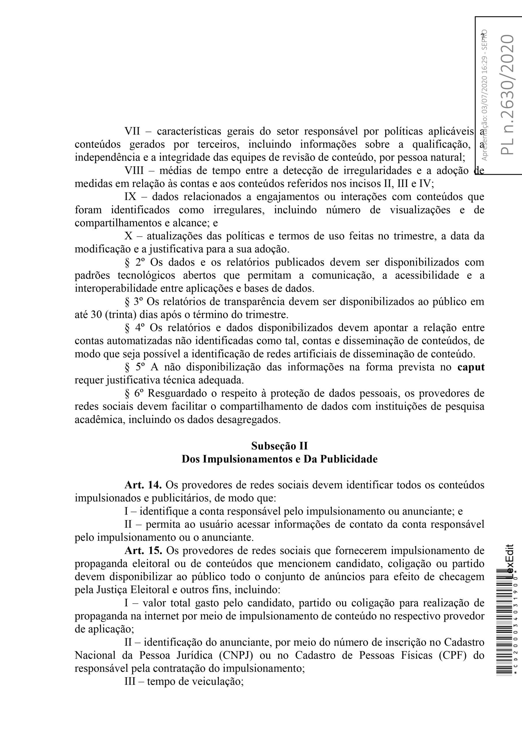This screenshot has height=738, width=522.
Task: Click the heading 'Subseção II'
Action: pos(279,446)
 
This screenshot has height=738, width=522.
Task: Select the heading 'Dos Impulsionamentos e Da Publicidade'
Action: pos(279,459)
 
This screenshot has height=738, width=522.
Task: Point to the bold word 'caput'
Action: pos(471,367)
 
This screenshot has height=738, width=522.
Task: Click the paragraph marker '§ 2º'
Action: pos(134,262)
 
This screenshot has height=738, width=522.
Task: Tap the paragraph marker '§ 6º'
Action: pos(134,394)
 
